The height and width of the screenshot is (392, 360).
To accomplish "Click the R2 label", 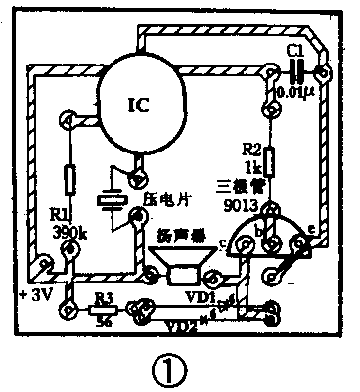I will coord(251,149).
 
